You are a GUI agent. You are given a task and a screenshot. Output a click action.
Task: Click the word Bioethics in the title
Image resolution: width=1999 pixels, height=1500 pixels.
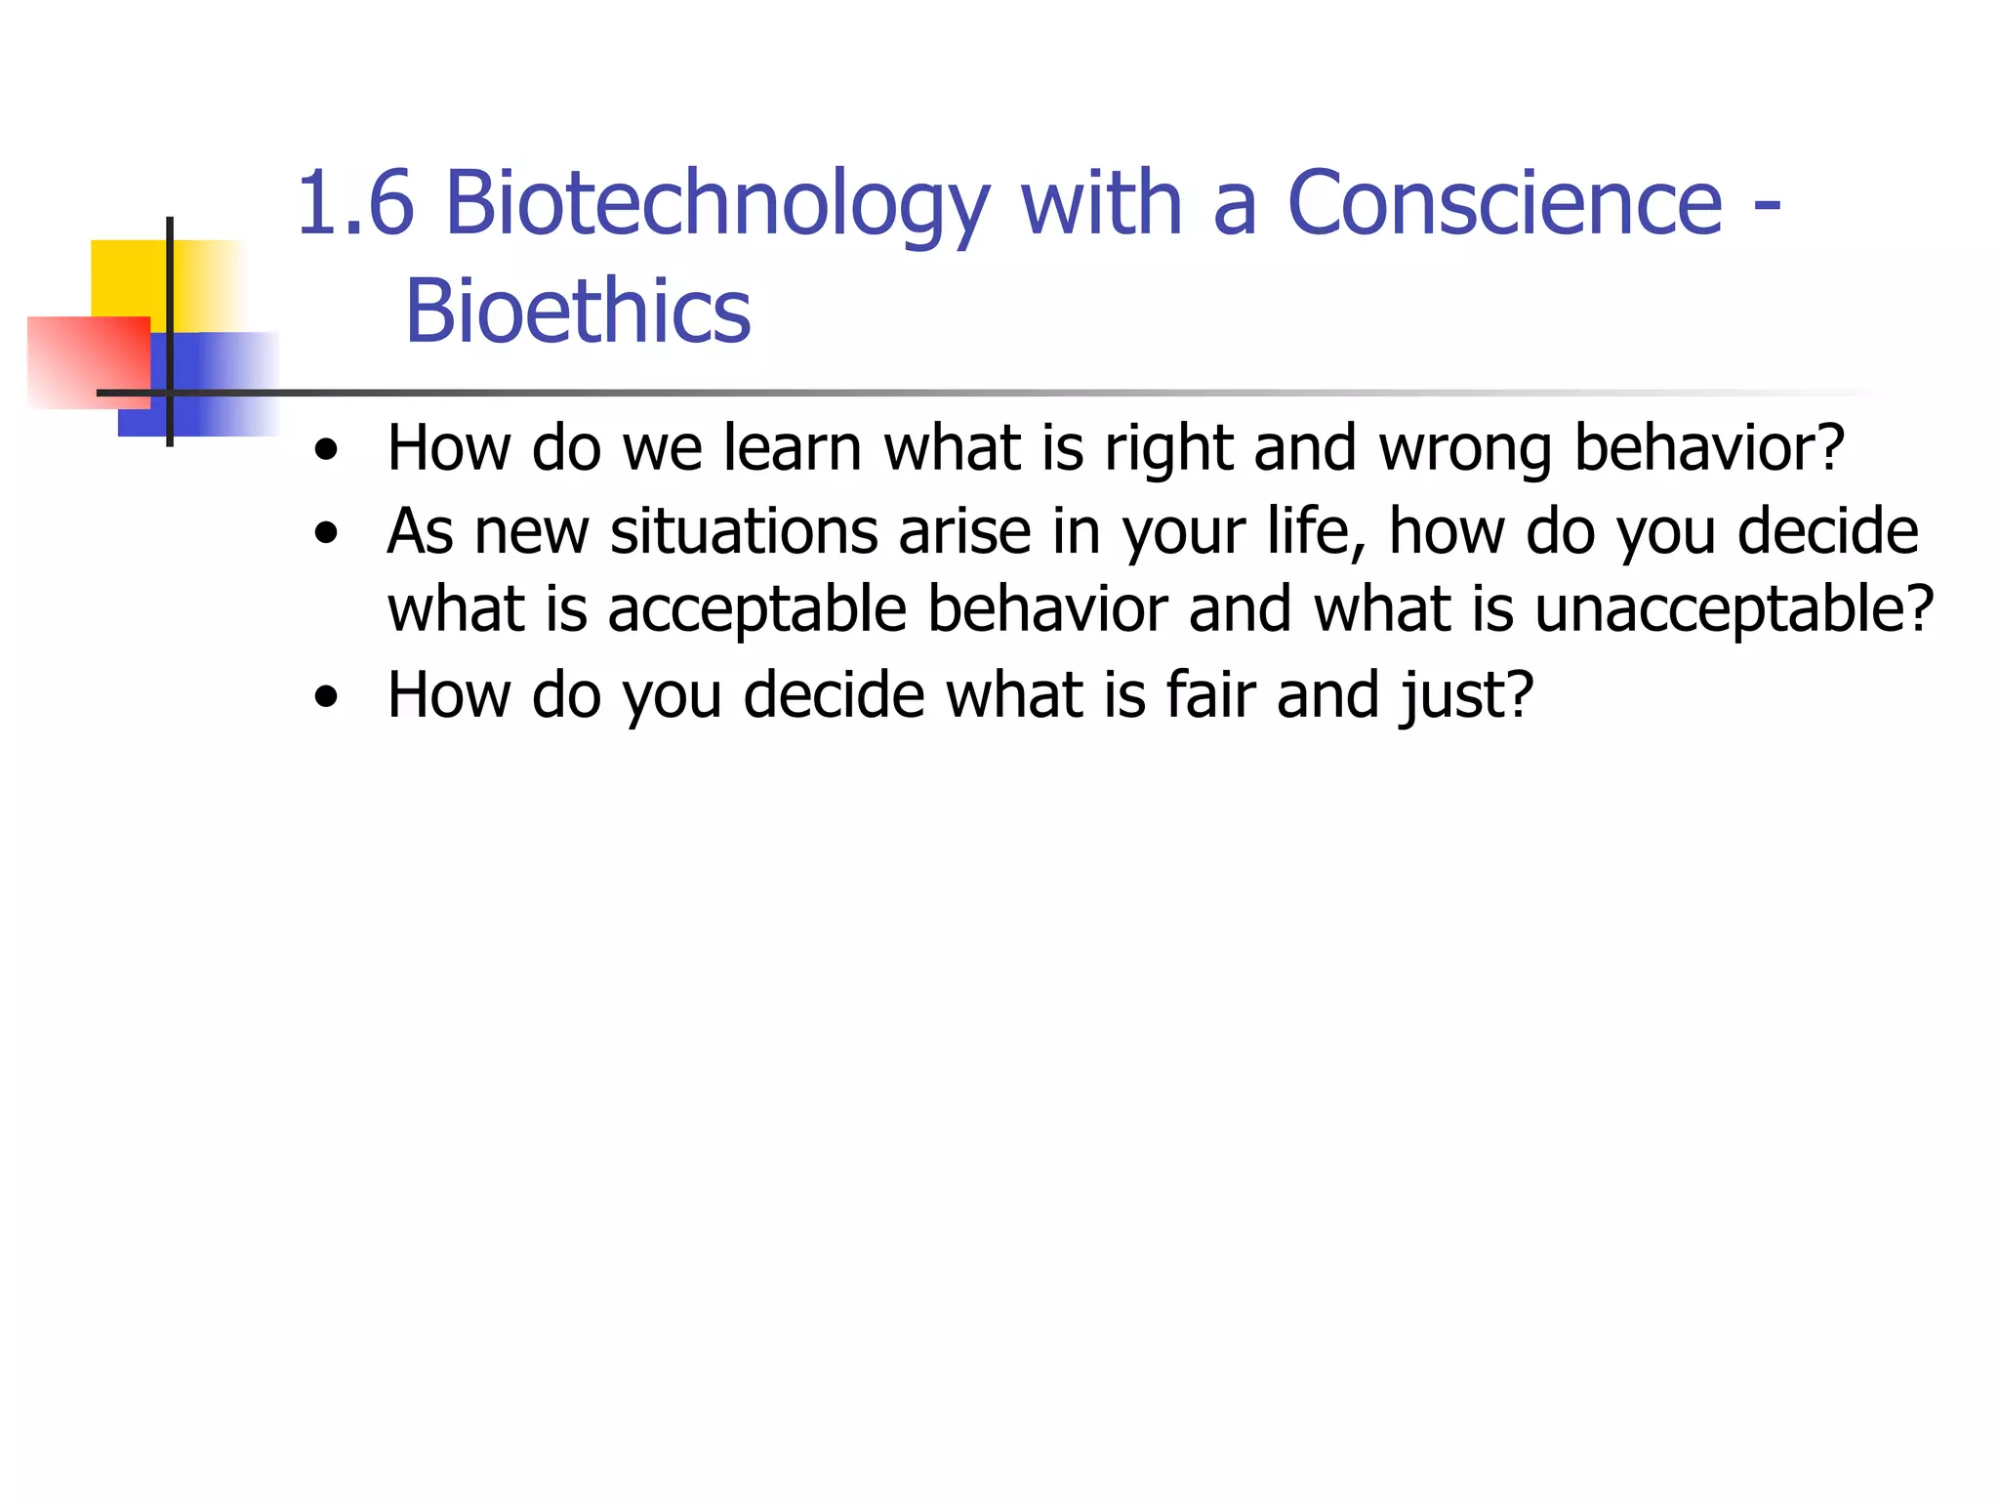578,312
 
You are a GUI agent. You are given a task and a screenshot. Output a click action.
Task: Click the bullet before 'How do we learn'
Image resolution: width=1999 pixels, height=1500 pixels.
327,451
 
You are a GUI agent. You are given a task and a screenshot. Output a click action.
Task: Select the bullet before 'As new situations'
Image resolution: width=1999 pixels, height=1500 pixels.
327,534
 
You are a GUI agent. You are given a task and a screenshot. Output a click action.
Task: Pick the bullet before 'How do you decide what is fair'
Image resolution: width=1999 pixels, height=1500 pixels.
327,698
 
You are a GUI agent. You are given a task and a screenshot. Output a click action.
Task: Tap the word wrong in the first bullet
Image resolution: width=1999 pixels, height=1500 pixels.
1464,450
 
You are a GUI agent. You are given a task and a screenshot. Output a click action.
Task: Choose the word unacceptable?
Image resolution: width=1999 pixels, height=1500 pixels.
1734,611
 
